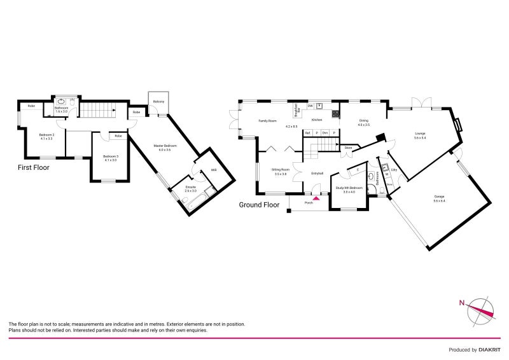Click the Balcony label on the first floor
pos(158,102)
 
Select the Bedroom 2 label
pos(46,136)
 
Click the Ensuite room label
pos(190,189)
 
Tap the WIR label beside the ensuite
pos(214,170)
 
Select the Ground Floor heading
pos(259,205)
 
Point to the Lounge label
pos(420,135)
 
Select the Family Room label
pos(267,120)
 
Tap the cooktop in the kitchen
pos(335,114)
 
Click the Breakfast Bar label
pos(296,110)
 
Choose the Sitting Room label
pos(280,171)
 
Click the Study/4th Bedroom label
pos(349,190)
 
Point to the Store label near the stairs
pos(348,148)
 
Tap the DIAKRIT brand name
pos(489,350)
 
